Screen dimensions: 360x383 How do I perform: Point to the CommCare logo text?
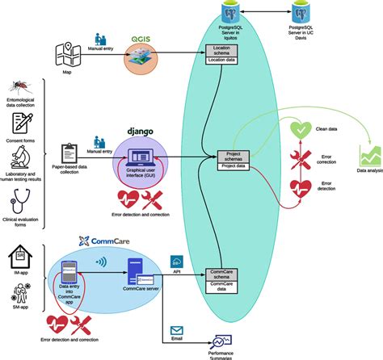108,241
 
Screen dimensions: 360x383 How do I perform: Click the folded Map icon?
68,55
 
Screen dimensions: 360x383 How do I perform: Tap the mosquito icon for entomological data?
22,89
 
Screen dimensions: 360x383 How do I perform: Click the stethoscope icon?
22,196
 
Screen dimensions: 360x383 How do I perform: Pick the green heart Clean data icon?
301,131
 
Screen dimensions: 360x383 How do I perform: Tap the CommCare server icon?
134,267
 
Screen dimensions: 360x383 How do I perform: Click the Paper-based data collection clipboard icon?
69,152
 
